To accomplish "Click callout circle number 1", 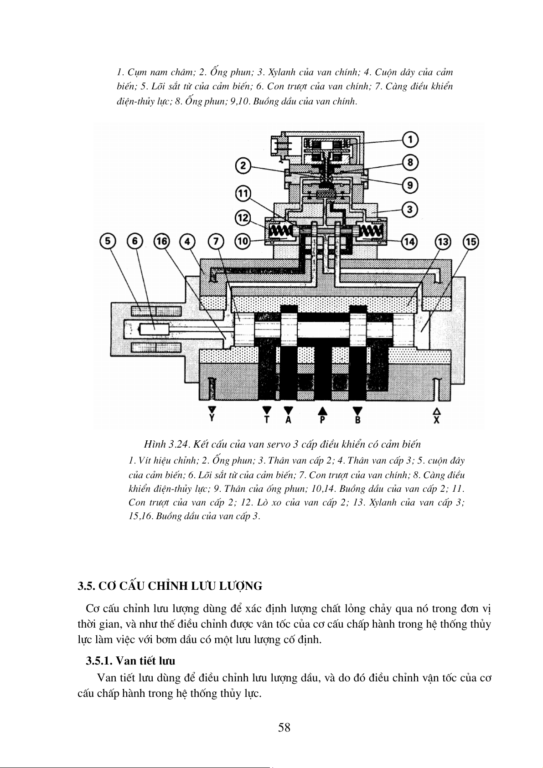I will (x=410, y=139).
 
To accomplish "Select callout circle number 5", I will (x=108, y=242).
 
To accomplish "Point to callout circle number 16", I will (x=162, y=242).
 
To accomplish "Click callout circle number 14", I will (x=409, y=242).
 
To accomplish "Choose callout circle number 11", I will (x=244, y=193).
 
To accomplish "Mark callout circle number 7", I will (x=216, y=242).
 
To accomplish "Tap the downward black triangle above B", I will (x=358, y=410).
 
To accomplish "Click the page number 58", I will (x=284, y=727).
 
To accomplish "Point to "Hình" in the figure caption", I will (x=155, y=444).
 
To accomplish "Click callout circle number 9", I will (x=410, y=185).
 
